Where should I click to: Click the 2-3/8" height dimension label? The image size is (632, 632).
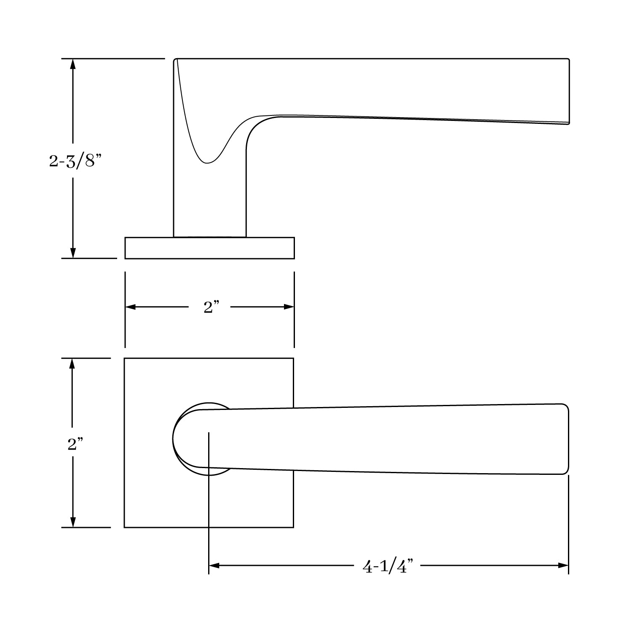pos(75,161)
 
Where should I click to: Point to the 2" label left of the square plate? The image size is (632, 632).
pos(75,444)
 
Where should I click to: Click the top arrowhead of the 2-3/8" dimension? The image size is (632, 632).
pos(73,63)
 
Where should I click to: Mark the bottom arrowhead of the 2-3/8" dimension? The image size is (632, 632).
pos(73,253)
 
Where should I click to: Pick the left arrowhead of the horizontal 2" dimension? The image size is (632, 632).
pos(130,307)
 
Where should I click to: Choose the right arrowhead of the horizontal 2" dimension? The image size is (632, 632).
pos(289,307)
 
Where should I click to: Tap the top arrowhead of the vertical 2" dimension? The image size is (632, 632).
pos(72,363)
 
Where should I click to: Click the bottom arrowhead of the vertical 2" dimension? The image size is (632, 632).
pos(72,522)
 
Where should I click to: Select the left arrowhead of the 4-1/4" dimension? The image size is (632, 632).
pos(214,565)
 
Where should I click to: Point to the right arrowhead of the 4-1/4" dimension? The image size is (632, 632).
pos(564,565)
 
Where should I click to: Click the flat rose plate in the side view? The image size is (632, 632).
pos(209,248)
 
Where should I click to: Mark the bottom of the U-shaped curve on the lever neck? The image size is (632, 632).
pos(206,163)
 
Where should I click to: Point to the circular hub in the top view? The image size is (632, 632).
pos(190,439)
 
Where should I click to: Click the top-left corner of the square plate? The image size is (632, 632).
pos(125,359)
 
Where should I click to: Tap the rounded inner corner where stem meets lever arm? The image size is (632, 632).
pos(254,126)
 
